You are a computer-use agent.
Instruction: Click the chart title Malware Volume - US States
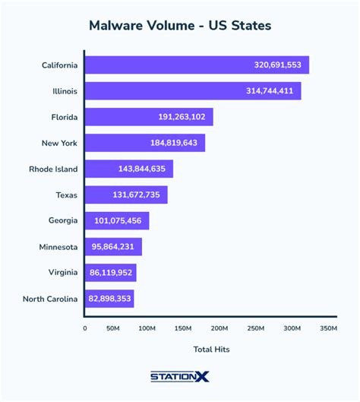(180, 25)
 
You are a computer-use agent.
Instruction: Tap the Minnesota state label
(58, 247)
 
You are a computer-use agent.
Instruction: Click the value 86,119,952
(110, 273)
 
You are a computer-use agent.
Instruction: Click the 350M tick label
(327, 328)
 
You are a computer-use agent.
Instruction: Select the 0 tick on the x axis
(84, 328)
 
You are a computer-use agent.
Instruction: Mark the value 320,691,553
(277, 65)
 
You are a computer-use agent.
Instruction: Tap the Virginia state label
(60, 273)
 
